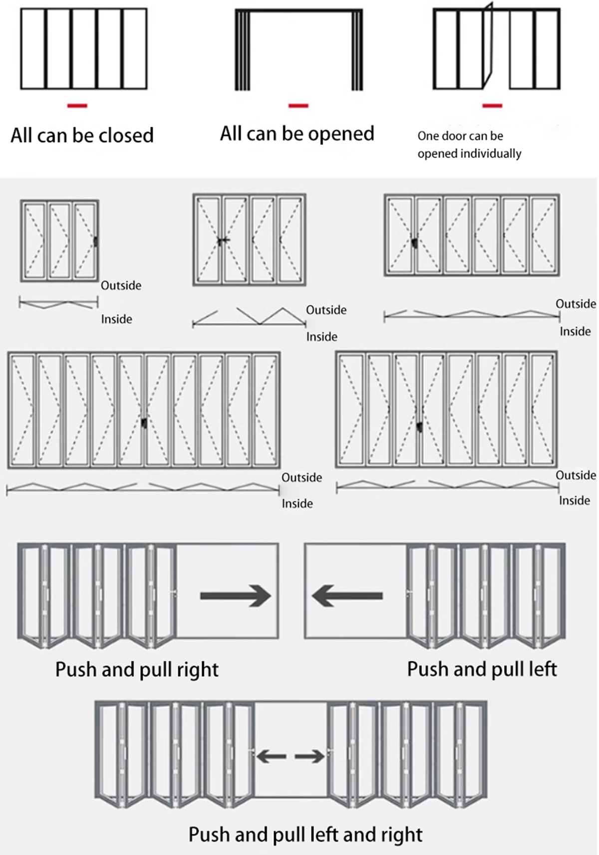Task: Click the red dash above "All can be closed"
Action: tap(77, 106)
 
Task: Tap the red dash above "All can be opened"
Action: tap(299, 106)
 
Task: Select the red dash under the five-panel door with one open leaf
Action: tap(492, 106)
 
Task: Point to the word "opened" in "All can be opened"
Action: tap(341, 134)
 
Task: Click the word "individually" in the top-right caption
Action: tap(491, 154)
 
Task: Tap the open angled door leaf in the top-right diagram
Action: tap(488, 46)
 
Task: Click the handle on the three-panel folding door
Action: tap(95, 241)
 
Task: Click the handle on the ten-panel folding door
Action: tap(144, 423)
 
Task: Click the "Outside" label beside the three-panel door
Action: tap(121, 285)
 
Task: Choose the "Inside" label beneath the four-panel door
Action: tap(321, 337)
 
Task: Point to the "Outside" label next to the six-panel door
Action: tap(576, 304)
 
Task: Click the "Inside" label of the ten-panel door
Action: tap(297, 503)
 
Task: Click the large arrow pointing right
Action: tap(236, 596)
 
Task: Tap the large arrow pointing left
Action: tap(347, 596)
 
